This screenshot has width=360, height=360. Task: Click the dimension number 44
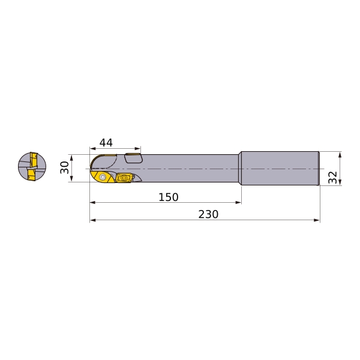point(106,143)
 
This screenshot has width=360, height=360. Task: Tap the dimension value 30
point(65,167)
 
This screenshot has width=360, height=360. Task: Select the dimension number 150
point(169,197)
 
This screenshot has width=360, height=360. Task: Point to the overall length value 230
point(208,214)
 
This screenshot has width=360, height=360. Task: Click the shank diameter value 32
point(332,178)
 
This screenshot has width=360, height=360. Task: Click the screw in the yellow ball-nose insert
point(102,177)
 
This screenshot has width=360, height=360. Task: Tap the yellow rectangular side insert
point(123,178)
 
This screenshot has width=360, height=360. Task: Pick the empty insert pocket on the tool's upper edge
point(133,158)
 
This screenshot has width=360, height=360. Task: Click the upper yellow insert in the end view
point(34,160)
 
